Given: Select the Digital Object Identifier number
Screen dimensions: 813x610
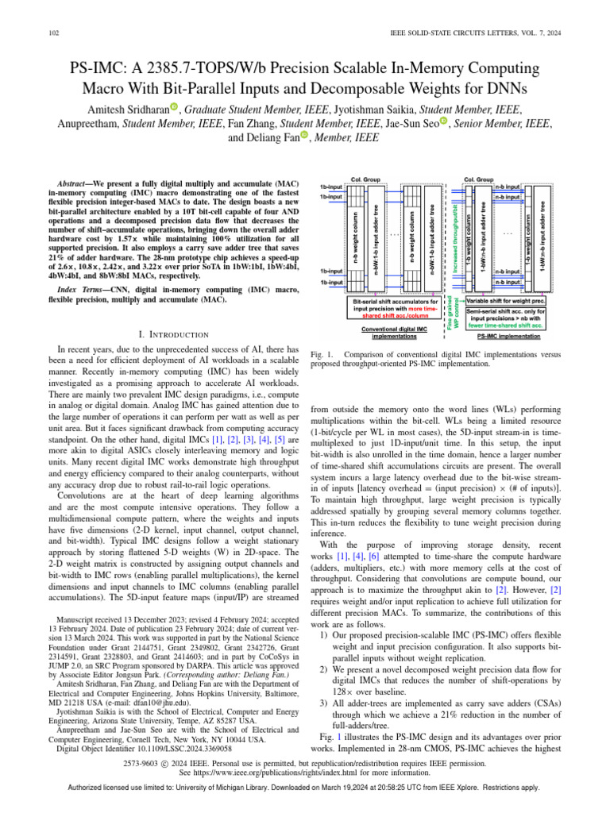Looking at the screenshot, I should click(x=188, y=747).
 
